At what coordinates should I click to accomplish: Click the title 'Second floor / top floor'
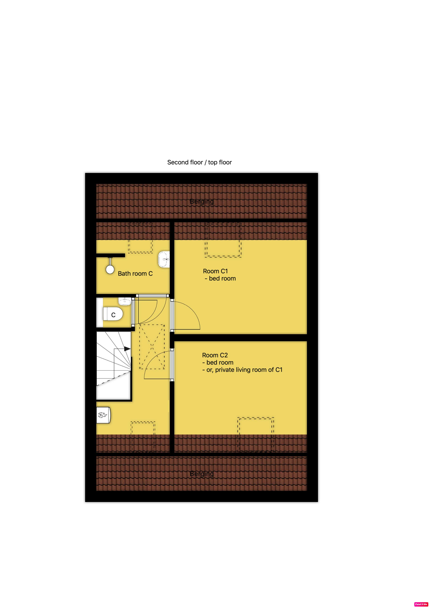[x=199, y=162]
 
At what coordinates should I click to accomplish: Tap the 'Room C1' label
[x=215, y=271]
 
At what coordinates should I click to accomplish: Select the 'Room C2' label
[x=215, y=355]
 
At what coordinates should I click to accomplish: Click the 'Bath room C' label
[x=135, y=273]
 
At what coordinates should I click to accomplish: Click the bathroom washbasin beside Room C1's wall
[x=164, y=259]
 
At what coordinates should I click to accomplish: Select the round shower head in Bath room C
[x=110, y=270]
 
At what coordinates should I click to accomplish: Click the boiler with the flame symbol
[x=103, y=415]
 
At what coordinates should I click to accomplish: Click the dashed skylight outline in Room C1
[x=223, y=240]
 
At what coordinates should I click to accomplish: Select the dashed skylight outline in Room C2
[x=256, y=435]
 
